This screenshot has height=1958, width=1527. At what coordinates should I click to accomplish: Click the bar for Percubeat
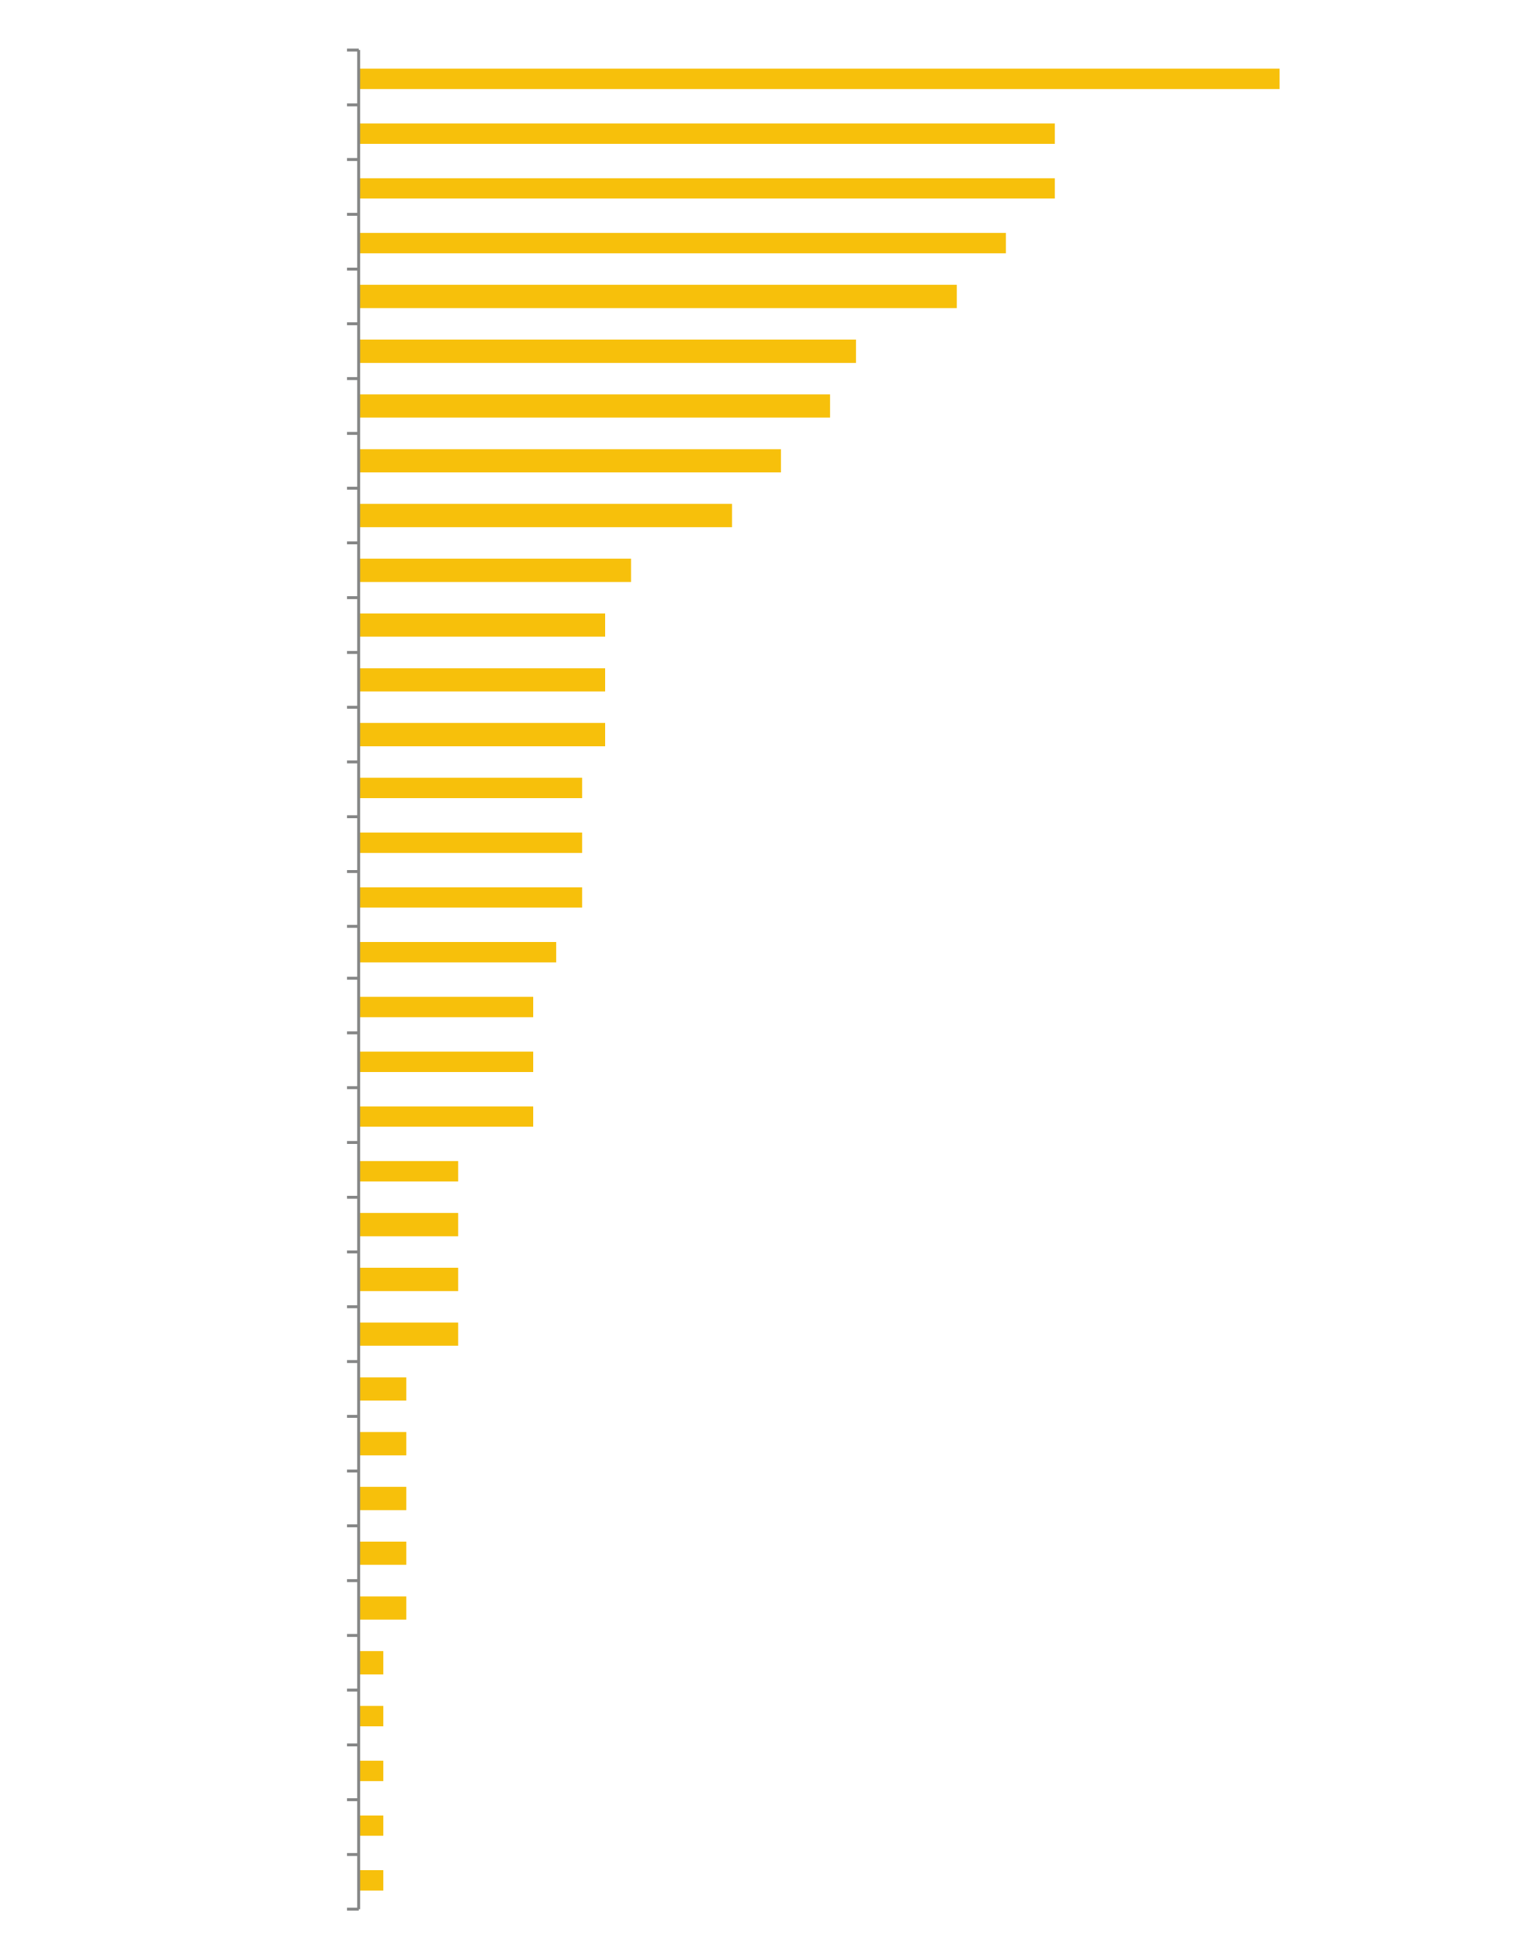[820, 79]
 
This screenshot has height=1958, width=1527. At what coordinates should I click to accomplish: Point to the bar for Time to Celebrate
[707, 187]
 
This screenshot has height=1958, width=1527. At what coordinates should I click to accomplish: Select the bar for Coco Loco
[571, 461]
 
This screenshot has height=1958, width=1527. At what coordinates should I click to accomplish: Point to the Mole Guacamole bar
[483, 680]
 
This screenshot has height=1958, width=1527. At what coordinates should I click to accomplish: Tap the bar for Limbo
[409, 1280]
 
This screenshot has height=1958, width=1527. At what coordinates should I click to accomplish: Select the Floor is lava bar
[383, 1498]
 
